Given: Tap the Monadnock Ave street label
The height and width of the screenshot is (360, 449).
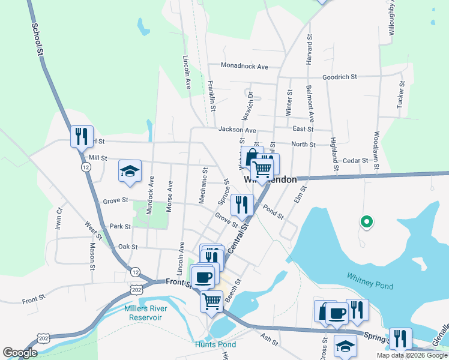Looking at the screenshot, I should tap(244, 65).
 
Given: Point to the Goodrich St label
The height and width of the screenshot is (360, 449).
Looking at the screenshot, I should tap(340, 77).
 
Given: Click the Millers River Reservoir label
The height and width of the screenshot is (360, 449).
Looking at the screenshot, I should tap(146, 312).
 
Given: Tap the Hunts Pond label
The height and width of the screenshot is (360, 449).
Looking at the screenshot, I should tap(215, 344).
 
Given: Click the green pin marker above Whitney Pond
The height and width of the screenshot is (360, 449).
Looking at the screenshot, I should tap(366, 222).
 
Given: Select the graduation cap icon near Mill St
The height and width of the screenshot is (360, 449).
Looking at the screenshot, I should tap(130, 171).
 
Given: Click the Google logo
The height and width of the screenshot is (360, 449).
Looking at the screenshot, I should tap(20, 353).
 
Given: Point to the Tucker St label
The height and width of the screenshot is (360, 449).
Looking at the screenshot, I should tap(400, 95).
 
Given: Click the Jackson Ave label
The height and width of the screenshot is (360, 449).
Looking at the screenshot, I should tap(237, 129).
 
